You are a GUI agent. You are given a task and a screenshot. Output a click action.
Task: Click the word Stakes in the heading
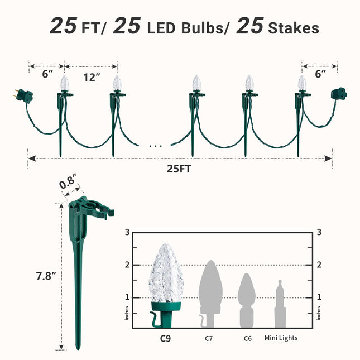294,28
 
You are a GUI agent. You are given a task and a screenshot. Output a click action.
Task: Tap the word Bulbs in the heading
202,28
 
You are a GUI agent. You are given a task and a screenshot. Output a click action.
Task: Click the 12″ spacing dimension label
92,78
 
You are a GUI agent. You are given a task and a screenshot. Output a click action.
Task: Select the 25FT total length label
179,169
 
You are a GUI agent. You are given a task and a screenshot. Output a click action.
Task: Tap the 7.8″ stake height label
46,276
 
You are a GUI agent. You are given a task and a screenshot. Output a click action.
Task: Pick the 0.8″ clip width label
68,181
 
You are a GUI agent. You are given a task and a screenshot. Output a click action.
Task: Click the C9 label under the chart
165,338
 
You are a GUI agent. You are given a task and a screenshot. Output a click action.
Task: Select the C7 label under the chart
209,338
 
